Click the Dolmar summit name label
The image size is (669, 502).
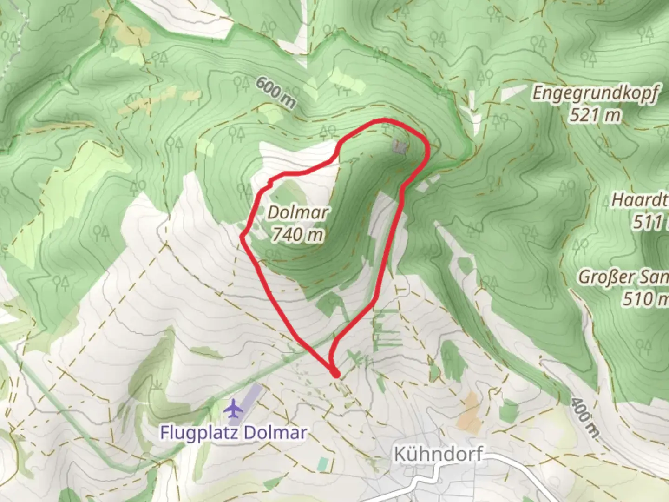(298, 213)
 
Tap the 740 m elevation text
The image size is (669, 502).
(298, 234)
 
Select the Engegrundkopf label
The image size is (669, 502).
(595, 93)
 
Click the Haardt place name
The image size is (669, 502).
(639, 200)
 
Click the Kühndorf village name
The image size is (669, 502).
(438, 454)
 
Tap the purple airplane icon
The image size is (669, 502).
(233, 409)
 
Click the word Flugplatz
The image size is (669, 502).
(200, 433)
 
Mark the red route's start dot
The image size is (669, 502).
(335, 373)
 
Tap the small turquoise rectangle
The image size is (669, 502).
(323, 463)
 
